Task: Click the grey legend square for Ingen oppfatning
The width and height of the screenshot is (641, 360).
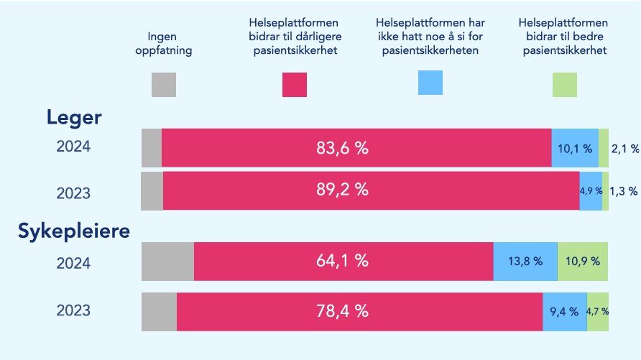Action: click(164, 85)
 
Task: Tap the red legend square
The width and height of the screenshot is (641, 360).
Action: click(295, 85)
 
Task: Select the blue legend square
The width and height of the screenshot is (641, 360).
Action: click(430, 83)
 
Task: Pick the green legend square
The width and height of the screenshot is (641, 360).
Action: click(565, 85)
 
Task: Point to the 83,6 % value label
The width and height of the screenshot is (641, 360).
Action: click(342, 148)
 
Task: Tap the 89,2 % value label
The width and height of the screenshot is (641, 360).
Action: click(342, 190)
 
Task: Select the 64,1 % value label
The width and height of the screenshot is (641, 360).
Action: click(342, 262)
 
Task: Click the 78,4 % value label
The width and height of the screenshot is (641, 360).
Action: click(342, 311)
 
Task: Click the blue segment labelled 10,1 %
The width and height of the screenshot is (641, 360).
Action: click(575, 148)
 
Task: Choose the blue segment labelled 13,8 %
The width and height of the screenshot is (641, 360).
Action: click(525, 262)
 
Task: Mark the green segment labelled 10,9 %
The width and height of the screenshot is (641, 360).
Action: click(583, 262)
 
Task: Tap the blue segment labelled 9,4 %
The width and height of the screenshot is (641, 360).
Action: click(564, 311)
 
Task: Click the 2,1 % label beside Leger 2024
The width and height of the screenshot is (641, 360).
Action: click(624, 149)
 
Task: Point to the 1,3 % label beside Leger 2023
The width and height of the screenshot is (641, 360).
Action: click(624, 190)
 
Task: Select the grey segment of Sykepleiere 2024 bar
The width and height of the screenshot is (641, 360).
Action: click(167, 262)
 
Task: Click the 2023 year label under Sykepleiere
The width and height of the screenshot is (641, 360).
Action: click(73, 311)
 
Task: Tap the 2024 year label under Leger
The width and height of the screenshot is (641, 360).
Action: click(73, 147)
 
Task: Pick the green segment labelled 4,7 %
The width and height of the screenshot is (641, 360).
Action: click(598, 311)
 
